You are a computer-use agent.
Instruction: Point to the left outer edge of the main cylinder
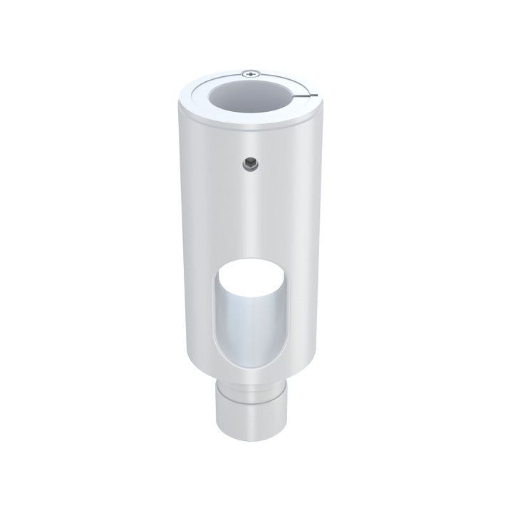(175, 235)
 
